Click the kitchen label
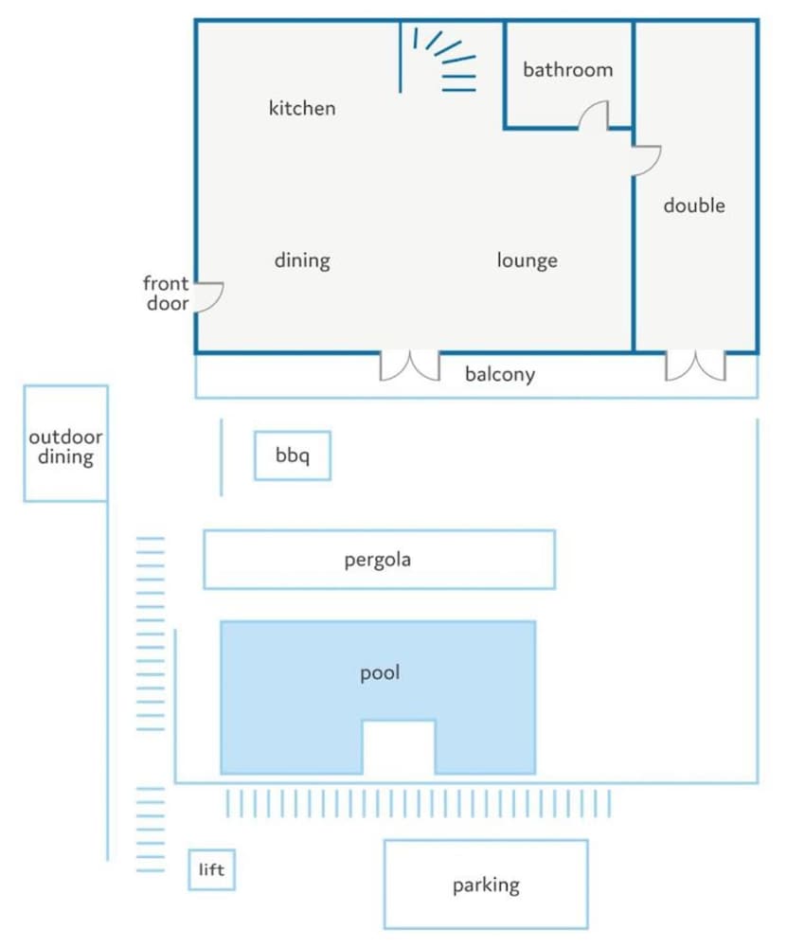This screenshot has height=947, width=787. tap(302, 108)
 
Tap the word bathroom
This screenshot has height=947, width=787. tap(567, 69)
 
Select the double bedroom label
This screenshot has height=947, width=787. tap(694, 205)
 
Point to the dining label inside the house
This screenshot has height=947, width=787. tap(302, 260)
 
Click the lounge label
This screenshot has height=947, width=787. tap(527, 260)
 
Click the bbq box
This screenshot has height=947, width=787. tap(293, 456)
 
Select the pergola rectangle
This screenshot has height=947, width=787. tap(380, 560)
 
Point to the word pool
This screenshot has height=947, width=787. tap(380, 672)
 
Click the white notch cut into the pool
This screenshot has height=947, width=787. tap(399, 746)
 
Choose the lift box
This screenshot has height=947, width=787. tap(211, 869)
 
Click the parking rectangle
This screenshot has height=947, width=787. tap(486, 884)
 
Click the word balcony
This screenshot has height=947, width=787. tap(500, 374)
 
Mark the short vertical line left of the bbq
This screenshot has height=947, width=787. tap(221, 457)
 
